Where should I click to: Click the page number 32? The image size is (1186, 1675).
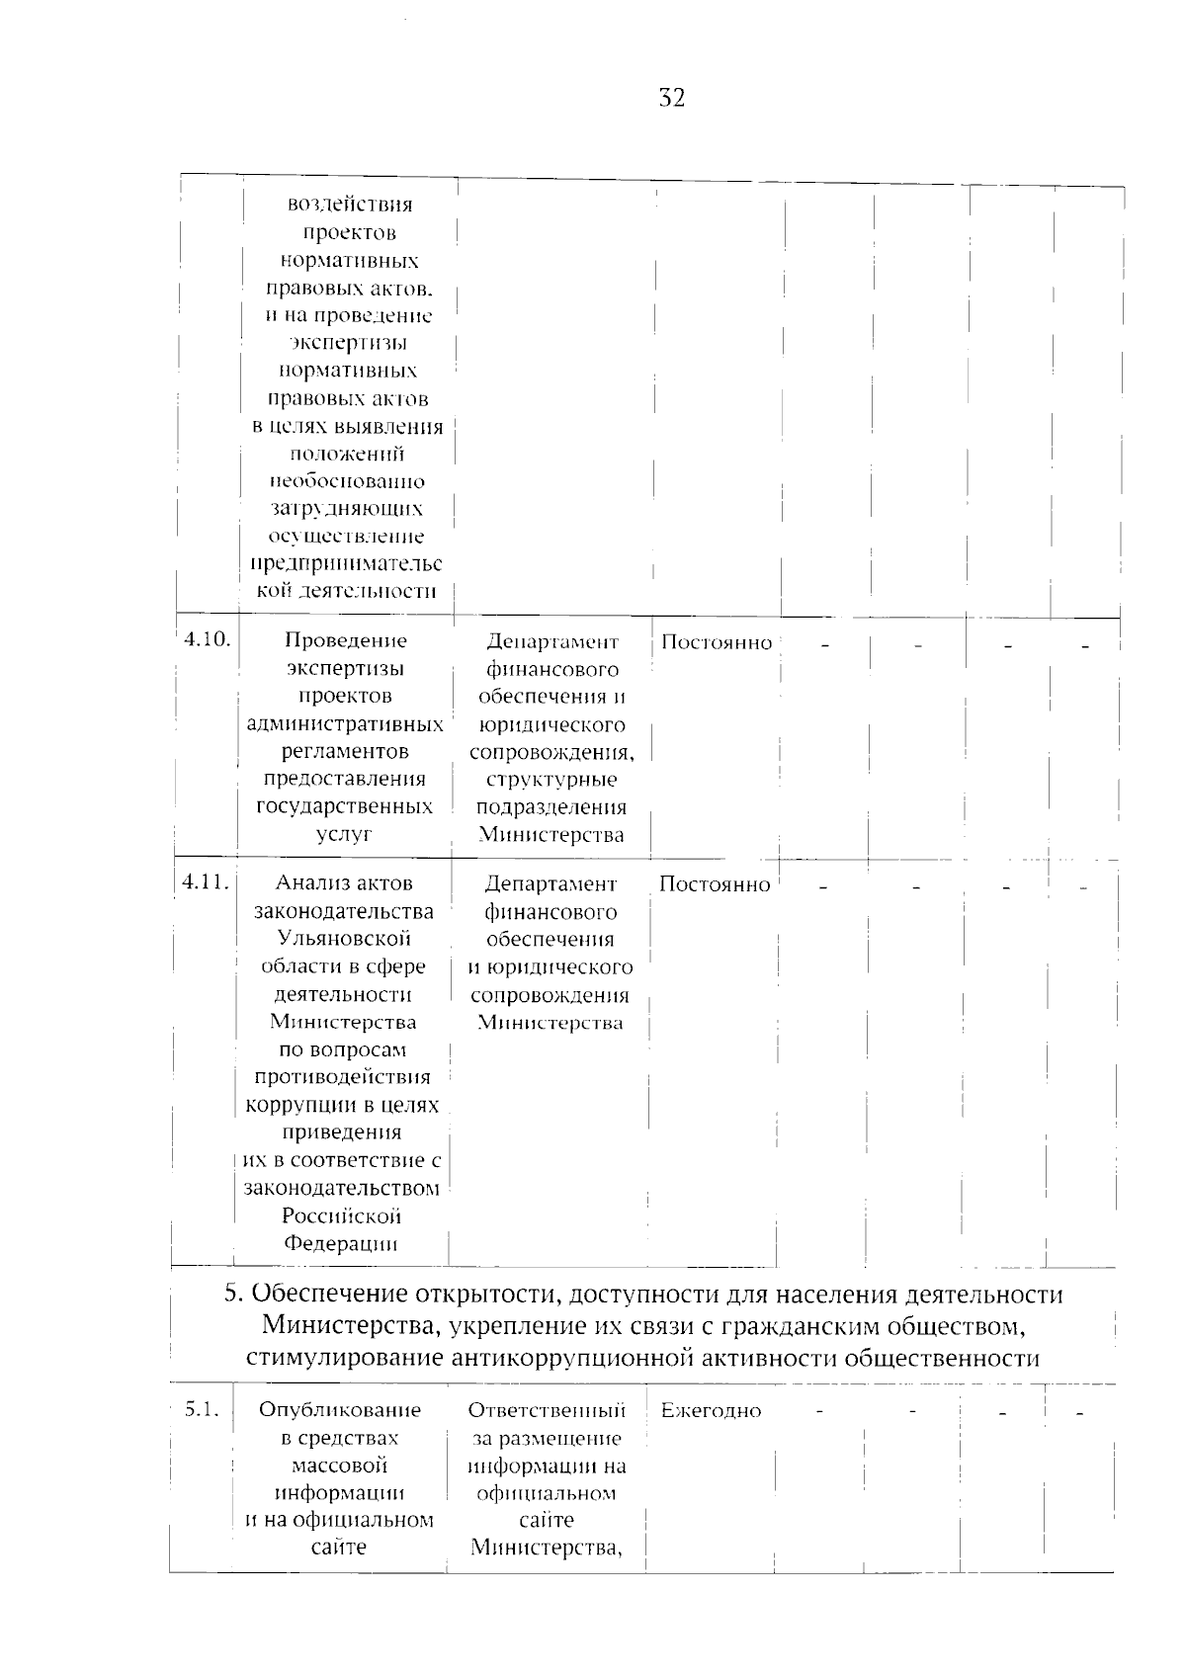point(671,98)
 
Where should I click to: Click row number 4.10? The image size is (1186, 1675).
point(207,638)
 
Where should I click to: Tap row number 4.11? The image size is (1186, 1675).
point(207,881)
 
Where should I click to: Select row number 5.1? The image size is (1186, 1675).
point(203,1409)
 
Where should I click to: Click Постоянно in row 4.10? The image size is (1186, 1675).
point(717,642)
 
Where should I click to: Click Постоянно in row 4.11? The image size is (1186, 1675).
point(715,884)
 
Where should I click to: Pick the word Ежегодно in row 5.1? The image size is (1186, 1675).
point(711,1411)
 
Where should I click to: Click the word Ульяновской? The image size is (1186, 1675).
point(344,938)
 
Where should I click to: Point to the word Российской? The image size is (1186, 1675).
point(341,1215)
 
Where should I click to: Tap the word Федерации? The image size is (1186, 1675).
point(341,1243)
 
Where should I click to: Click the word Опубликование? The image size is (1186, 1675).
point(340,1410)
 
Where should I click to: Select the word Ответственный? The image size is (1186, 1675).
point(547,1410)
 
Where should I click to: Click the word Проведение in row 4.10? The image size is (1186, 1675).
point(345,640)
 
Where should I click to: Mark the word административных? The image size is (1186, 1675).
point(345,723)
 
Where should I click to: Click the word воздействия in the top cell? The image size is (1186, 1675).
point(350,205)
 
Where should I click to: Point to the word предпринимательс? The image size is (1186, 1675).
point(345,563)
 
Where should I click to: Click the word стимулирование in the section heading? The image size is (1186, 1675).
point(345,1358)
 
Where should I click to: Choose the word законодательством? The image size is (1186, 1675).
point(342,1188)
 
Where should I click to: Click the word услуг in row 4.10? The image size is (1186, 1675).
point(344,834)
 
